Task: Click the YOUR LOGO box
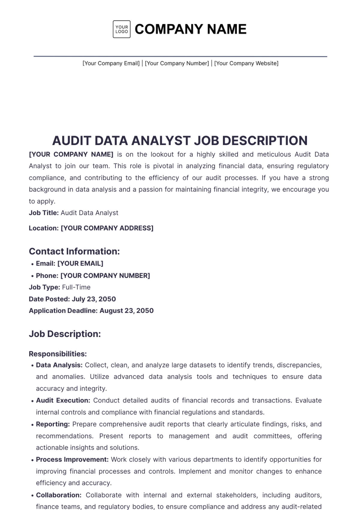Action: click(x=121, y=29)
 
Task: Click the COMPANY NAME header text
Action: click(x=190, y=29)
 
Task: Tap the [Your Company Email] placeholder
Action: click(x=111, y=63)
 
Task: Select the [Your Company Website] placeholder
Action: click(x=246, y=63)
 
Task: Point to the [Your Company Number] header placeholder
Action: click(x=177, y=63)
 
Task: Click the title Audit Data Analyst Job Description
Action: click(x=180, y=141)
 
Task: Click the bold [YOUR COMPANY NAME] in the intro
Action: click(x=71, y=154)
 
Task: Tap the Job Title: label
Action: click(x=44, y=213)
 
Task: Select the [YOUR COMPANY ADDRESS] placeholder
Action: click(x=107, y=228)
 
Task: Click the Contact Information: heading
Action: click(x=74, y=251)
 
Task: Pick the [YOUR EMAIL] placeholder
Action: click(x=80, y=264)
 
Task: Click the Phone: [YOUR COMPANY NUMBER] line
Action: click(x=93, y=276)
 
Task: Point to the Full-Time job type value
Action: click(x=76, y=287)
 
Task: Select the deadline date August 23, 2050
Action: click(x=127, y=311)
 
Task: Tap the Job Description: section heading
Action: click(x=65, y=334)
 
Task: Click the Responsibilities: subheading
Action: click(x=58, y=354)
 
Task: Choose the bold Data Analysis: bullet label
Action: click(x=59, y=365)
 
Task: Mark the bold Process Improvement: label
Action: click(x=72, y=460)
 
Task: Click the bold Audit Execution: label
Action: click(x=63, y=401)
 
